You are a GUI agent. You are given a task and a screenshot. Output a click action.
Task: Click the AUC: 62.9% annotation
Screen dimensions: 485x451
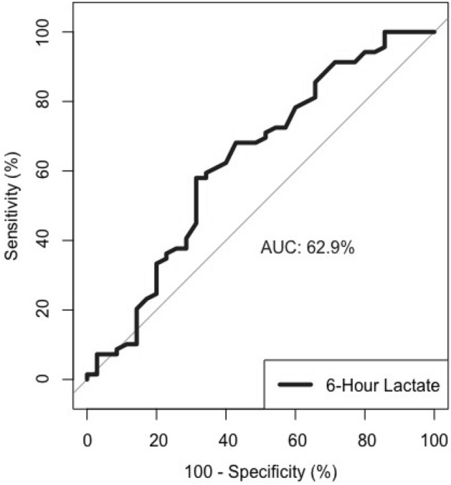point(307,248)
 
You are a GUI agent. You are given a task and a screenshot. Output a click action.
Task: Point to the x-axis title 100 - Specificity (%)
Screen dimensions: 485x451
point(259,473)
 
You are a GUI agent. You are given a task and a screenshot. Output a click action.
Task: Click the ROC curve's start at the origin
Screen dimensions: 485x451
point(87,378)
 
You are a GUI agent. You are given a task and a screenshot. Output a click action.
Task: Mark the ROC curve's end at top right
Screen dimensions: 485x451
point(434,32)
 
